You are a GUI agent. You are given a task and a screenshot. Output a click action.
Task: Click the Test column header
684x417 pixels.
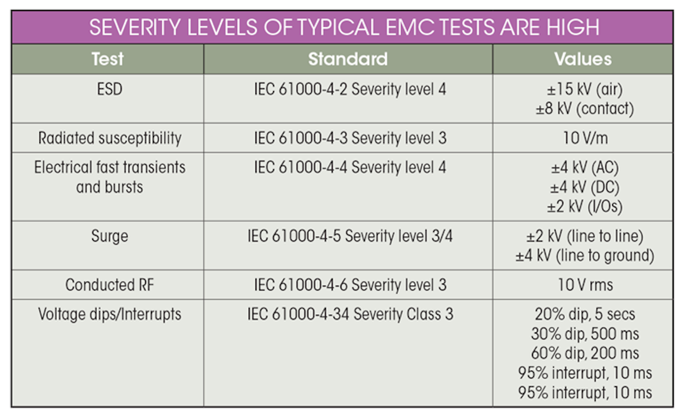(x=107, y=59)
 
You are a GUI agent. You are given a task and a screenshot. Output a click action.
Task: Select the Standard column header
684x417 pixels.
(x=348, y=59)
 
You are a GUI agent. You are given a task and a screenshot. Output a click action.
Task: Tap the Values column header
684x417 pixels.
(x=583, y=59)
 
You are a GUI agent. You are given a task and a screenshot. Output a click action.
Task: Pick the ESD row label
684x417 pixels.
(x=109, y=89)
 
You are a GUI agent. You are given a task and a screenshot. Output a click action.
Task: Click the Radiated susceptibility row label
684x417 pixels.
(x=110, y=138)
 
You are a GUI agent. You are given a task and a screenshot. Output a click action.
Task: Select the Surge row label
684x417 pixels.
(x=109, y=236)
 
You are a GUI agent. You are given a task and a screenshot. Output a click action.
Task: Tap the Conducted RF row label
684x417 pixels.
(x=110, y=285)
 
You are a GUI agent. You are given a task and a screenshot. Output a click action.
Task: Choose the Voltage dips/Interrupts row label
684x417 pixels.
(x=110, y=314)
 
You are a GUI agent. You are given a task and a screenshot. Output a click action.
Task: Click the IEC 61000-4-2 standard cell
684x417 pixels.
(x=350, y=89)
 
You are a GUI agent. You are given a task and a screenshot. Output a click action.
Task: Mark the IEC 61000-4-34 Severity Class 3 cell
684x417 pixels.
(x=350, y=314)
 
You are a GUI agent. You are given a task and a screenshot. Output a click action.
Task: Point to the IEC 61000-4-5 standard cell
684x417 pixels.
(x=350, y=236)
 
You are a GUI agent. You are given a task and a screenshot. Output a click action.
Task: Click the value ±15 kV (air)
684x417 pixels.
(x=584, y=89)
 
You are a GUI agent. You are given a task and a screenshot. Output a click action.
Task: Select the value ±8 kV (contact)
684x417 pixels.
(x=585, y=109)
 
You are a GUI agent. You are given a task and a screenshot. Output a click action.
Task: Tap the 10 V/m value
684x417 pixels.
(x=585, y=138)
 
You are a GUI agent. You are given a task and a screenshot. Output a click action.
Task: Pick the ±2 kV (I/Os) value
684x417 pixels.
(x=584, y=207)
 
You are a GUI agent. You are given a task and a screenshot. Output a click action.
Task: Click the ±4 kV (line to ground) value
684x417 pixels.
(x=585, y=256)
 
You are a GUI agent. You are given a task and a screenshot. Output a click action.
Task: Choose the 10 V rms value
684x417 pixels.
(x=585, y=285)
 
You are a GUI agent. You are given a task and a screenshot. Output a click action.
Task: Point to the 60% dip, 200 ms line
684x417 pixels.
(x=585, y=353)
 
